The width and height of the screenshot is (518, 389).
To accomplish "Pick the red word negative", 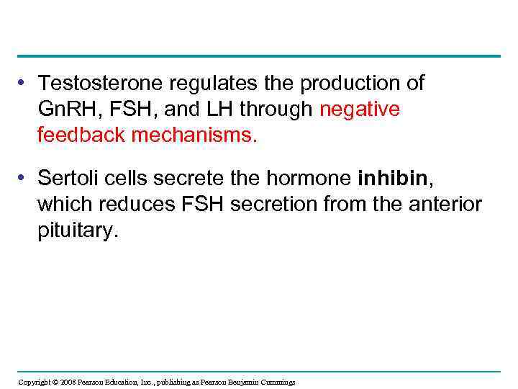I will [360, 109].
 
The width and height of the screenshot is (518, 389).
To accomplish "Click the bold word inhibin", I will [388, 177].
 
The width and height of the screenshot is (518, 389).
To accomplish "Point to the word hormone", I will [314, 177].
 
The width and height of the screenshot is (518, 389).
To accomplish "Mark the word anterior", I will [445, 204].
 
